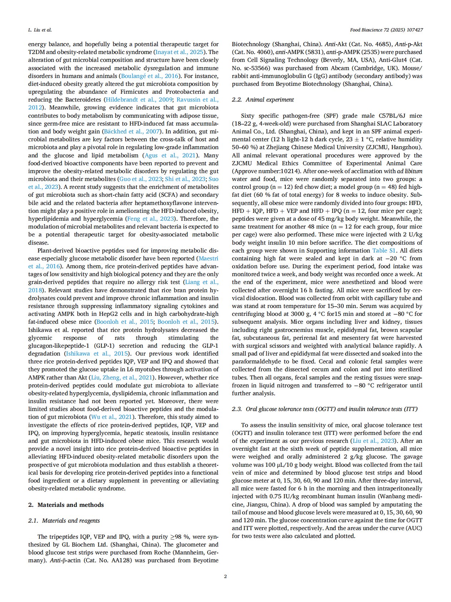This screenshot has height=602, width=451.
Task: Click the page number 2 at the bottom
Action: (x=225, y=576)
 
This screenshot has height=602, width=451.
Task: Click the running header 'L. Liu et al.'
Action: (x=40, y=30)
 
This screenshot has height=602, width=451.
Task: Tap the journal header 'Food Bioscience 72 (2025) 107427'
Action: (x=386, y=30)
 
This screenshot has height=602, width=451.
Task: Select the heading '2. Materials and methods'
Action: (x=66, y=505)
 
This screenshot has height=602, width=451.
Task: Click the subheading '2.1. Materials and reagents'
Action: (x=64, y=520)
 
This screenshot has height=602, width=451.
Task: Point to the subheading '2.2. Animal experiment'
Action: (x=263, y=100)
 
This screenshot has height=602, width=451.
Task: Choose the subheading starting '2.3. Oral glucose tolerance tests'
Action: (x=324, y=409)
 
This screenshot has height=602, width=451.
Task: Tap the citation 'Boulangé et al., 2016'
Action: (x=150, y=76)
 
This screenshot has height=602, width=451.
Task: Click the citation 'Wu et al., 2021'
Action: (x=111, y=417)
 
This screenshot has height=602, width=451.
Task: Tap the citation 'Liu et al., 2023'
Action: (x=374, y=441)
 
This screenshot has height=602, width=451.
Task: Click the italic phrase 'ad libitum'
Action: (x=410, y=171)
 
